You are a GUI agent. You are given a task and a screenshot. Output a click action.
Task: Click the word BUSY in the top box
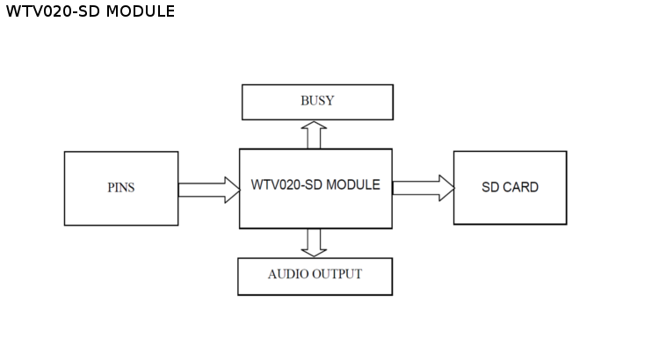pos(317,101)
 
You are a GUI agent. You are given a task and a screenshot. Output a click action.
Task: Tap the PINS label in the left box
pos(121,188)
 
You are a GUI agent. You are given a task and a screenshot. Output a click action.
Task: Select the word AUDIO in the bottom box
pos(287,274)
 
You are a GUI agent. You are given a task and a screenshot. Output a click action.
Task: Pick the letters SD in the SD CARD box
pos(490,187)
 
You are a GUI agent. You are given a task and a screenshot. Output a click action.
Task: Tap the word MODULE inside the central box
pos(353,185)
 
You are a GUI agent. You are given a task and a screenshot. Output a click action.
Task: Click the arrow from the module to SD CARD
pos(423,188)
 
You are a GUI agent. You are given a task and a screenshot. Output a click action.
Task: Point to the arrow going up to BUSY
pos(314,134)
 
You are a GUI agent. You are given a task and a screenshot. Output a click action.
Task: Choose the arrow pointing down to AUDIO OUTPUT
pos(314,242)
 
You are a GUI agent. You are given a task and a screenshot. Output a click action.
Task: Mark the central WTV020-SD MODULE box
pos(315,211)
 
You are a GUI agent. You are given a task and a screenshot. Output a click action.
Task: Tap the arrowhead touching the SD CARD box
pos(446,188)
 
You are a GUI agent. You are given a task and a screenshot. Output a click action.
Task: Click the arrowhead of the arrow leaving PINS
pos(232,190)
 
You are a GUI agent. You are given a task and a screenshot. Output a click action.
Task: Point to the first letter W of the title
pos(12,11)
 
